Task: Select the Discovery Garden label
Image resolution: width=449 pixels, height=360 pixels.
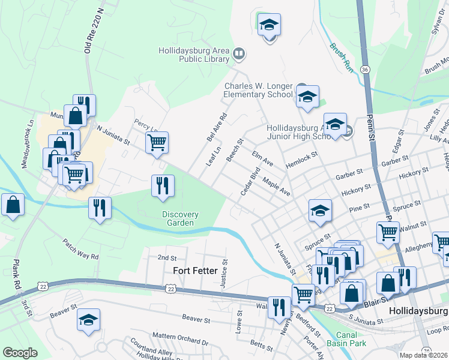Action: tap(179, 218)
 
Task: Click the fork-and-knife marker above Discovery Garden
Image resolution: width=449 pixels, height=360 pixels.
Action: tap(163, 185)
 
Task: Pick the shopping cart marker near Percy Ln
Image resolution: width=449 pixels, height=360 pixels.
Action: tap(157, 143)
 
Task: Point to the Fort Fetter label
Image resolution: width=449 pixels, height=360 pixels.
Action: tap(195, 271)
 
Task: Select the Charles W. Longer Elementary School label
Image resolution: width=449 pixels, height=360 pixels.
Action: tap(259, 90)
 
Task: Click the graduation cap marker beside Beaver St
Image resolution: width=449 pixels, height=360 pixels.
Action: tap(88, 320)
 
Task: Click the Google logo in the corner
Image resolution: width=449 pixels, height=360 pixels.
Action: tap(20, 353)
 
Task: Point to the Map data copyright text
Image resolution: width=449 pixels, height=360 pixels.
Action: tap(423, 355)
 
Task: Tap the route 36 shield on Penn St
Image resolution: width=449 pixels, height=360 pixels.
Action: tap(365, 70)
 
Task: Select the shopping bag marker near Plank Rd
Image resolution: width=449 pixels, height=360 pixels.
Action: tap(13, 205)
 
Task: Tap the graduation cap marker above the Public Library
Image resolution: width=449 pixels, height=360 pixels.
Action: tap(270, 25)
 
